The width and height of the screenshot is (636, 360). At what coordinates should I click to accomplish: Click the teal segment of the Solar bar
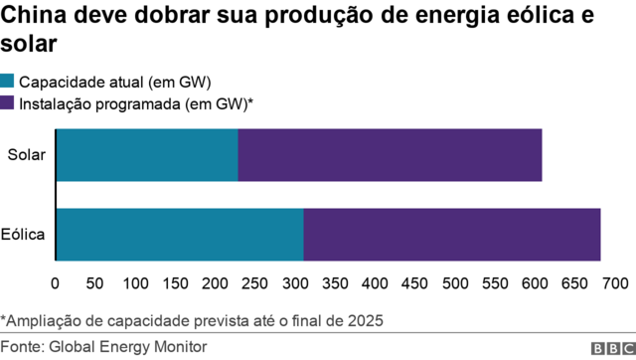click(147, 155)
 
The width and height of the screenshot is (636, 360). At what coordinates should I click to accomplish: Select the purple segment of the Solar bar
click(390, 155)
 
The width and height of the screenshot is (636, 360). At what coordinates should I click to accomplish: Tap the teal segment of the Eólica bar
click(180, 235)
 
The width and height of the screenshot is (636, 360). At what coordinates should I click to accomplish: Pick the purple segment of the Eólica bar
click(451, 235)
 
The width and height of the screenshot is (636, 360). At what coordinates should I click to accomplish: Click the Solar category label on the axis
click(26, 155)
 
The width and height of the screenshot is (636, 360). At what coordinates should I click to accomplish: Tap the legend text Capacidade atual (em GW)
click(116, 82)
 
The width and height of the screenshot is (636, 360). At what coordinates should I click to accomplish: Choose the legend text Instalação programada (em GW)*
click(137, 102)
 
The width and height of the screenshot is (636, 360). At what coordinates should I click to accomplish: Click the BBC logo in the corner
click(610, 348)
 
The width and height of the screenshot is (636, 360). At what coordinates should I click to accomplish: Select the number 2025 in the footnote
click(364, 320)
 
